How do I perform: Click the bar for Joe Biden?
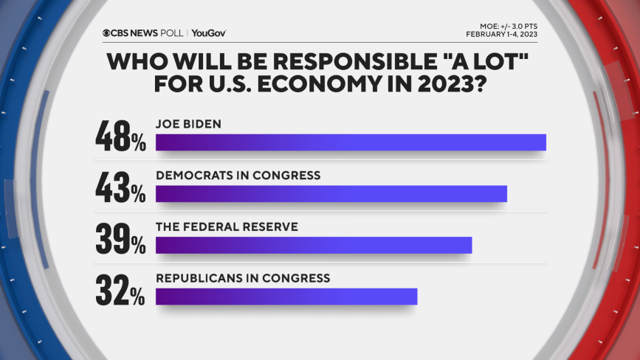(x=351, y=142)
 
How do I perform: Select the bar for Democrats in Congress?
(x=331, y=193)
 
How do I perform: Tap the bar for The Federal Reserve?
(x=314, y=245)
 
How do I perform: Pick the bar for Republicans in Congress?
(x=286, y=296)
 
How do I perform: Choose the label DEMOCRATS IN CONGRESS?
(x=238, y=176)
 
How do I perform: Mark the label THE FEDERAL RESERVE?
(x=227, y=226)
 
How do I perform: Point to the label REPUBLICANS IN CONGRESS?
(x=242, y=278)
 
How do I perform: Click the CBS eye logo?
(x=108, y=33)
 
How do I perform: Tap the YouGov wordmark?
(x=210, y=33)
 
